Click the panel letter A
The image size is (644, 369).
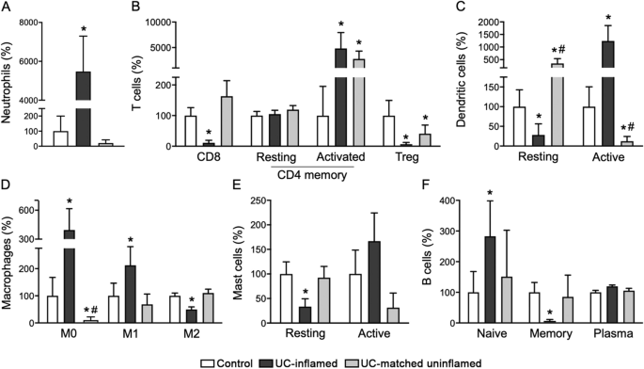pos(7,8)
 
